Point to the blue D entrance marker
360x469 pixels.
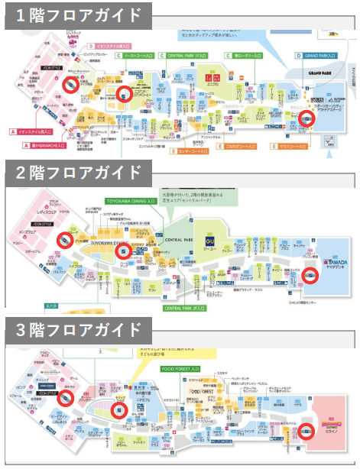(299, 56)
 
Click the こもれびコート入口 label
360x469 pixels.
(244, 144)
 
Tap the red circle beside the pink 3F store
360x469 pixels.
(304, 432)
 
